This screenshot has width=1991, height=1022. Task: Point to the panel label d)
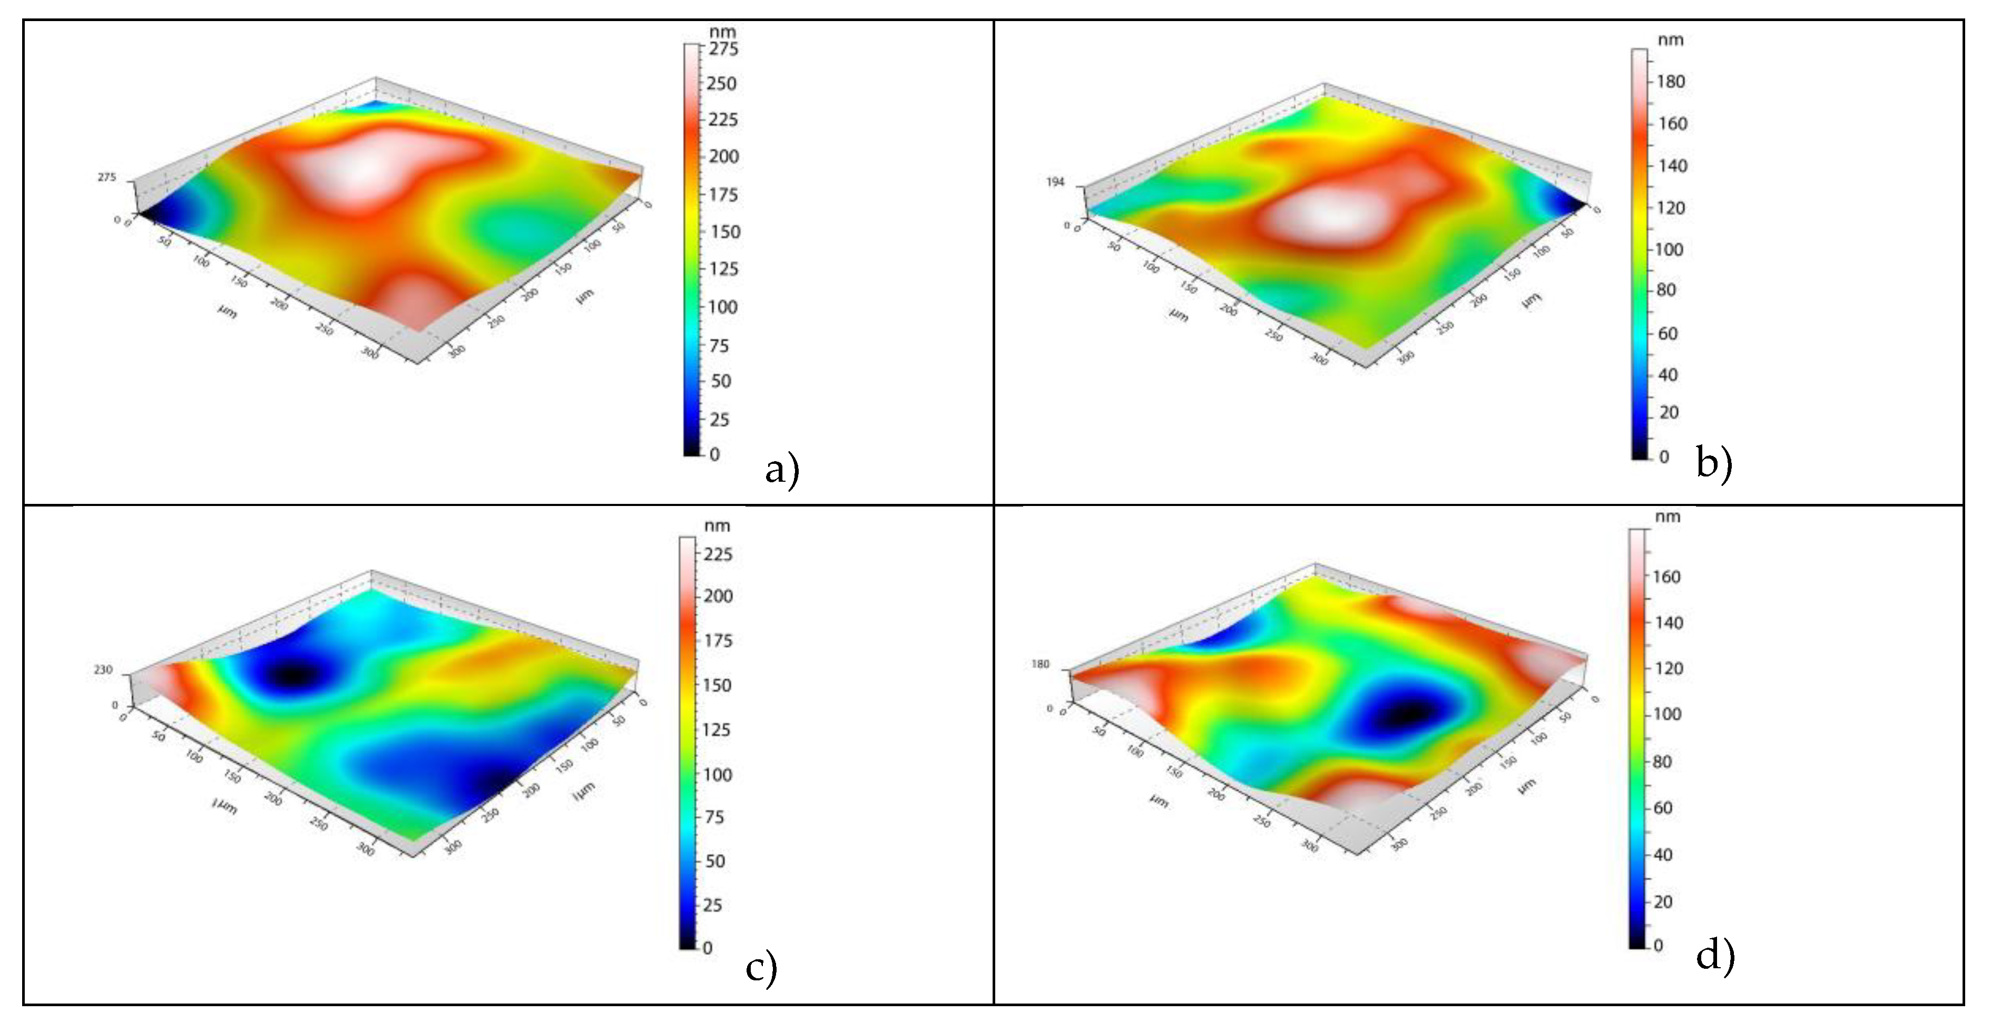coord(1714,956)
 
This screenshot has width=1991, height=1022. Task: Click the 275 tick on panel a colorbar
coord(723,48)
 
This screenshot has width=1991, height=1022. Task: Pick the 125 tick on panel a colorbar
coord(723,269)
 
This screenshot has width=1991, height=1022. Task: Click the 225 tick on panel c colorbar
coord(717,554)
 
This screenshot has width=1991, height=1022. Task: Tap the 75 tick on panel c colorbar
coord(714,817)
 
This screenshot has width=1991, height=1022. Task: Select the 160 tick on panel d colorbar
coord(1666,577)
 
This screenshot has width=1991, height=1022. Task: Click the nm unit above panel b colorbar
coord(1670,40)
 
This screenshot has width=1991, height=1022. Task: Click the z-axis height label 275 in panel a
coord(106,178)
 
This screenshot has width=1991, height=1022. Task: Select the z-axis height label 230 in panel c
coord(103,670)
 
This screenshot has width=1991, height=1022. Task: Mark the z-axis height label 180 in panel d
coord(1041,665)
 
